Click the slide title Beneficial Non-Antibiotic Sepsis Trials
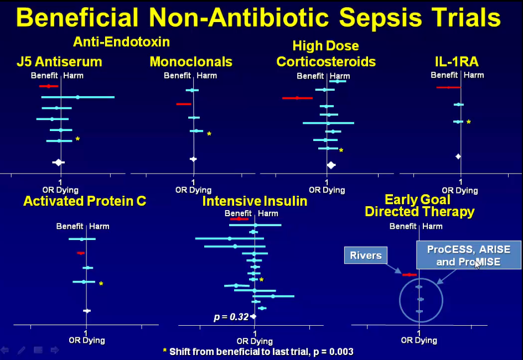[x=258, y=17]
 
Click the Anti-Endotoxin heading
[x=121, y=42]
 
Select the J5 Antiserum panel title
[x=59, y=62]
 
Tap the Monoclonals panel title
[x=191, y=62]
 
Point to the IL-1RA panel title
[x=457, y=62]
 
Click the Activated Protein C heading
[x=85, y=201]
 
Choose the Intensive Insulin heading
[x=255, y=201]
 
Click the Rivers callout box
[x=366, y=255]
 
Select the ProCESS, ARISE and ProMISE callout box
[x=469, y=255]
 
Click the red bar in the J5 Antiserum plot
[x=49, y=86]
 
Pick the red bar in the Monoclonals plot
[x=184, y=104]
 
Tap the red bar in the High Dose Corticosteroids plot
[x=297, y=98]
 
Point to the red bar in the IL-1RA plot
[x=448, y=87]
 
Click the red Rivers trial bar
[x=409, y=275]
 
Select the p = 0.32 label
[x=231, y=317]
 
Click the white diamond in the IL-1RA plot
[x=458, y=156]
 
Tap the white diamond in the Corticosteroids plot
[x=331, y=165]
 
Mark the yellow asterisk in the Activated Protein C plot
[x=101, y=284]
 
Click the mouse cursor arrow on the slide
[x=478, y=264]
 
